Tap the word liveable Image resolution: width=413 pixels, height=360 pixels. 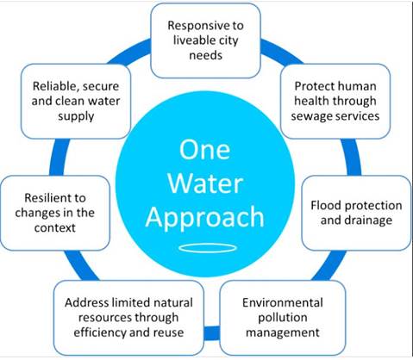191,40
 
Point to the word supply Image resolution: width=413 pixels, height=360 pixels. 76,116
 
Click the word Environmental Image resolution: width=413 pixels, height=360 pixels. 283,302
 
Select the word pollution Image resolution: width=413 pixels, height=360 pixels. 283,318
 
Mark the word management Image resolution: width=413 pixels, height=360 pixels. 283,333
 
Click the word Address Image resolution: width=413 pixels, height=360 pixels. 87,302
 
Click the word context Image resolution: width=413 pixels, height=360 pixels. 54,228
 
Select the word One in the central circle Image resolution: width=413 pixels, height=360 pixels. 204,150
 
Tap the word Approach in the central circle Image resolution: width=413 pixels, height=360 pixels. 204,218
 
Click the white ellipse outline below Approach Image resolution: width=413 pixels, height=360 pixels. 208,244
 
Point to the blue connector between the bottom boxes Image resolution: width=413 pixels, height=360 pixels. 212,333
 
